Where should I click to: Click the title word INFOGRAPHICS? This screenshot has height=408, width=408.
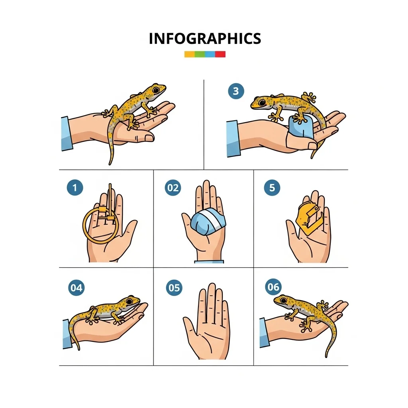[205, 39]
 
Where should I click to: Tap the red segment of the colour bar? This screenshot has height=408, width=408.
[220, 54]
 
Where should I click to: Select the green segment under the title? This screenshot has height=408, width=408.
[200, 54]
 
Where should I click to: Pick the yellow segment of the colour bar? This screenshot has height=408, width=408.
[189, 54]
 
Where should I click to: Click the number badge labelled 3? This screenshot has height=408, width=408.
[236, 91]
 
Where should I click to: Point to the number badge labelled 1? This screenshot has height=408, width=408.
[75, 187]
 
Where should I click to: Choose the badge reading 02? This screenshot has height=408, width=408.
[173, 188]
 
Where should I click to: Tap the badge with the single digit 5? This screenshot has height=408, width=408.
[272, 187]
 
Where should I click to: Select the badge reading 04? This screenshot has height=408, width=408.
[76, 288]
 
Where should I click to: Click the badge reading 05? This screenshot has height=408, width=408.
[174, 288]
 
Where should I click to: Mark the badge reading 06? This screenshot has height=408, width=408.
[273, 287]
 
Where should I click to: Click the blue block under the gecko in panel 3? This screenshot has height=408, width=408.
[301, 127]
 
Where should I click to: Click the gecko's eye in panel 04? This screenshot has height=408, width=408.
[129, 301]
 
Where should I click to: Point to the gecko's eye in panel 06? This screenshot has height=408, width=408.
[283, 301]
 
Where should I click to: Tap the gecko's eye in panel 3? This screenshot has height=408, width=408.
[262, 102]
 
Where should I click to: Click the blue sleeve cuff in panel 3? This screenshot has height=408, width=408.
[232, 139]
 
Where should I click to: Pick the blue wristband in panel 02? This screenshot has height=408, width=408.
[209, 261]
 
